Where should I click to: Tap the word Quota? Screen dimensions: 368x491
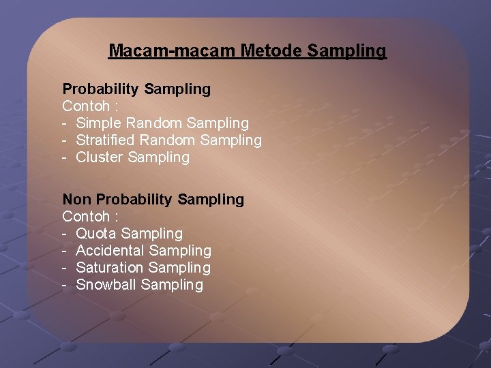(x=96, y=234)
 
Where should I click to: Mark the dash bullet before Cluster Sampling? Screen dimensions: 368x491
(x=65, y=157)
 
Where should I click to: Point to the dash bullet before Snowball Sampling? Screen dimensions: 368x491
(x=65, y=285)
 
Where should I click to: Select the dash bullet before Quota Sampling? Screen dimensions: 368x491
(x=65, y=234)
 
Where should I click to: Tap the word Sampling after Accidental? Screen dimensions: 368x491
(x=180, y=251)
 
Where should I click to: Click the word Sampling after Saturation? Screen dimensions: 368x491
(x=179, y=268)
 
